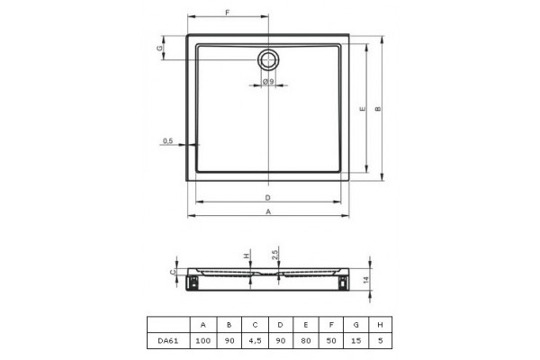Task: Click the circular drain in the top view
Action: click(268, 60)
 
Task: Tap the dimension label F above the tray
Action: click(228, 13)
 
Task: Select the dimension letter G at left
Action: click(160, 48)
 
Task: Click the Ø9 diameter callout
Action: click(268, 82)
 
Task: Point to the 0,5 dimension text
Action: click(167, 141)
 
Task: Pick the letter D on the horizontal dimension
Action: click(268, 198)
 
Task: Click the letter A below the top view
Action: click(268, 211)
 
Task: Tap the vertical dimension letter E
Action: click(363, 109)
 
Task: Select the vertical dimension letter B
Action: click(378, 109)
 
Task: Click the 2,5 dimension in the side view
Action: click(274, 255)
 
